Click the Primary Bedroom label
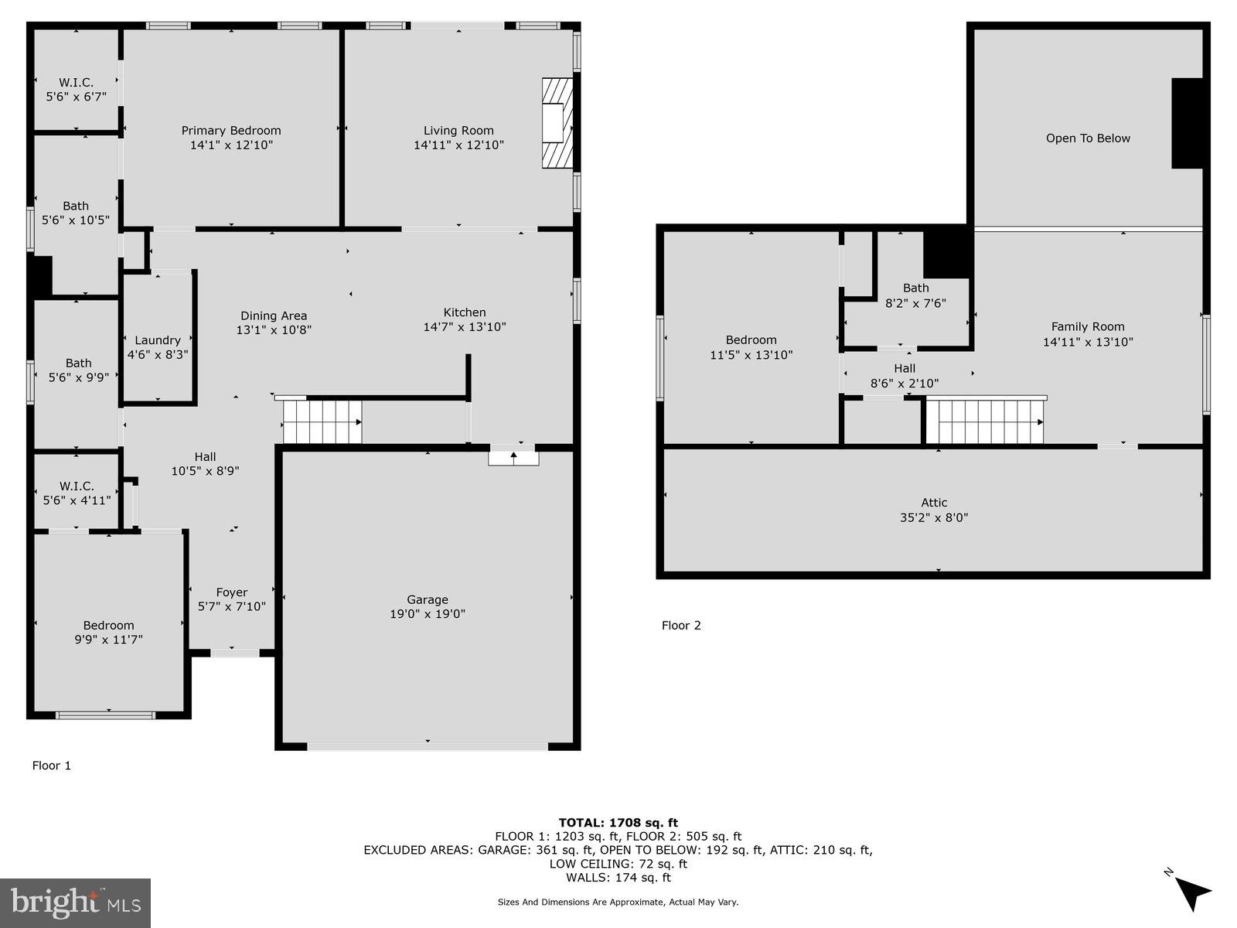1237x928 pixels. [x=231, y=131]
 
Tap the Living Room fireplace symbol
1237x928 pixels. [x=557, y=123]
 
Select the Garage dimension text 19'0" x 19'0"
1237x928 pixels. [x=428, y=614]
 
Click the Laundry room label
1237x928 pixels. [x=158, y=340]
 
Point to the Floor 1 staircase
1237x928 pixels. [x=322, y=422]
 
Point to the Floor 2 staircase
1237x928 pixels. [x=986, y=421]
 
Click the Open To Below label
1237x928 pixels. [x=1088, y=138]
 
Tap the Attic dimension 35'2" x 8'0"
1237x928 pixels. [x=934, y=517]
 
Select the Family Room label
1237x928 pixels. [x=1088, y=326]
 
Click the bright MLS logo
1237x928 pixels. [x=76, y=902]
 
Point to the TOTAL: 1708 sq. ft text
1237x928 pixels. [x=618, y=823]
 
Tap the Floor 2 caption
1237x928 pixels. [x=681, y=625]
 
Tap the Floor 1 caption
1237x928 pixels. [x=51, y=766]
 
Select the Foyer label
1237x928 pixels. [x=232, y=592]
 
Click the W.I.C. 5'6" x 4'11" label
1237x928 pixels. [x=77, y=493]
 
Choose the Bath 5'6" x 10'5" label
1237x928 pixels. [x=76, y=213]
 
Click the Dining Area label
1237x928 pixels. [x=274, y=316]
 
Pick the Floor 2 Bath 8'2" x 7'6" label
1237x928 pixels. [x=915, y=295]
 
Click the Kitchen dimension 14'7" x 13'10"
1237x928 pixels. [x=465, y=327]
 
